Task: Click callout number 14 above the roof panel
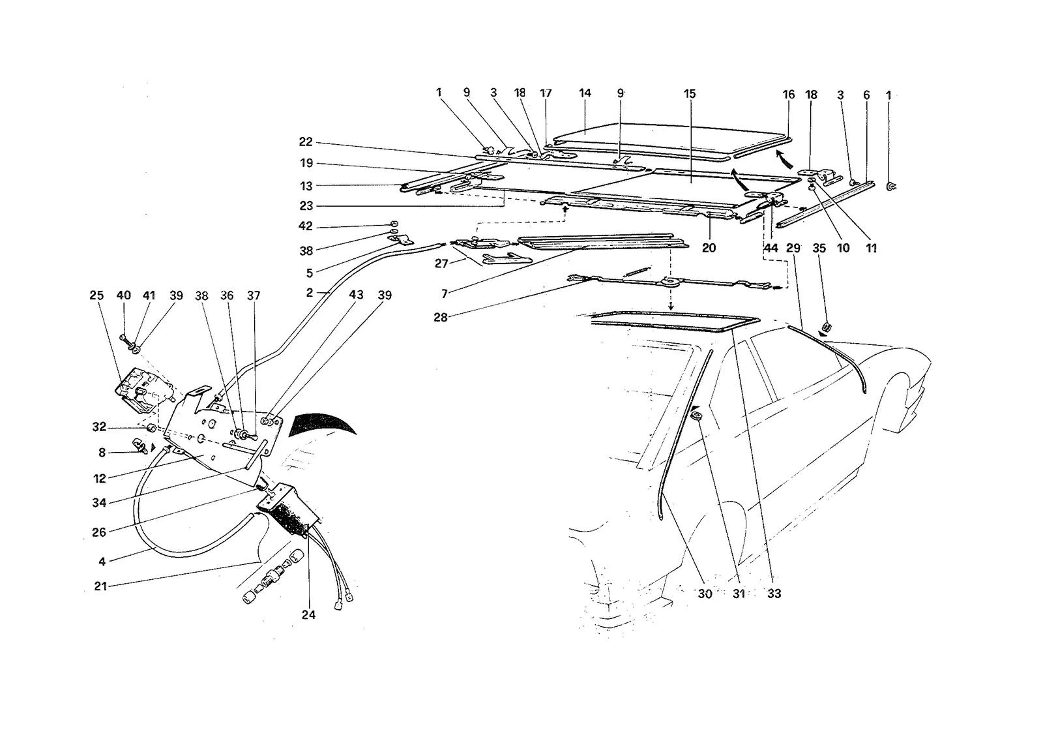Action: [585, 93]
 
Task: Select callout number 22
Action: [306, 142]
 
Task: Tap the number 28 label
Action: [441, 317]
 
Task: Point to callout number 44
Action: [771, 248]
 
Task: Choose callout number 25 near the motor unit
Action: [96, 295]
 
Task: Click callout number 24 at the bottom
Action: [308, 615]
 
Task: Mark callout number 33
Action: [774, 594]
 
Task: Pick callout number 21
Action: [100, 586]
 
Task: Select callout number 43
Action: [356, 295]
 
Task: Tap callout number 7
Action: [445, 294]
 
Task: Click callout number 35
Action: [819, 249]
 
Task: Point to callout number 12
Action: [100, 478]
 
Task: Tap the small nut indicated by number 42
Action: [394, 223]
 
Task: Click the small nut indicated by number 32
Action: [151, 428]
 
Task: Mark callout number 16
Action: [788, 95]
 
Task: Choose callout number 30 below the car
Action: [705, 594]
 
